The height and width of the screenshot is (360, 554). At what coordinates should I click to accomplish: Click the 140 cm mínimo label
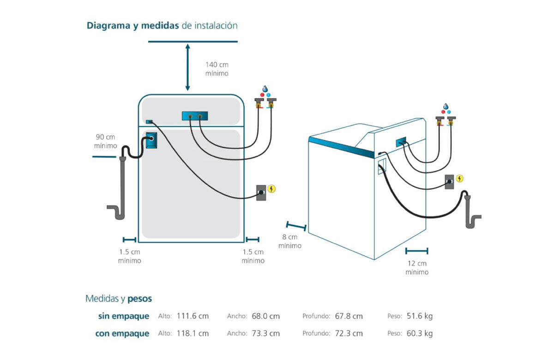[x=217, y=69]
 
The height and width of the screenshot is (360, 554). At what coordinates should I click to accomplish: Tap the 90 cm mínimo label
[x=105, y=141]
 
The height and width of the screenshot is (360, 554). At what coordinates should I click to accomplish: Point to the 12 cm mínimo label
[x=417, y=268]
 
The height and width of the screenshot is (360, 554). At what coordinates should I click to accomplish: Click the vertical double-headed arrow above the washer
[x=187, y=67]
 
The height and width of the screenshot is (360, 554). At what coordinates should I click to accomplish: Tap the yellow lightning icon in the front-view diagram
[x=271, y=189]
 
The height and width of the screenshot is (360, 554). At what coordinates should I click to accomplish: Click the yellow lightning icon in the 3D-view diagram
[x=459, y=179]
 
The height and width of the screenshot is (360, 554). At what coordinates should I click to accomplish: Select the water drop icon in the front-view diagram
[x=265, y=89]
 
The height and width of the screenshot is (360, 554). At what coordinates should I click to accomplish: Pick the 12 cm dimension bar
[x=416, y=251]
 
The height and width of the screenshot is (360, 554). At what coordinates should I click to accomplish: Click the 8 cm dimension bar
[x=296, y=226]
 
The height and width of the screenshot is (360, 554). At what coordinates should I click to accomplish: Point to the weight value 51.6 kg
[x=420, y=316]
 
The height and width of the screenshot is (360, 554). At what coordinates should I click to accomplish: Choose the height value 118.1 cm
[x=193, y=333]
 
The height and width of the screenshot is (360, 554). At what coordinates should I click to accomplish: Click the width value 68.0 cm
[x=265, y=316]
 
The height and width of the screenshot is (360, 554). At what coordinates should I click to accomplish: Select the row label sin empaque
[x=124, y=316]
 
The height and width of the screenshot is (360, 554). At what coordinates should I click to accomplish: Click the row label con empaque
[x=122, y=333]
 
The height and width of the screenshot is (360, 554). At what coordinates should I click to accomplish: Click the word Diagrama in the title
[x=109, y=25]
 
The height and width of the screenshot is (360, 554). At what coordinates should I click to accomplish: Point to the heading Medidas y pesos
[x=119, y=299]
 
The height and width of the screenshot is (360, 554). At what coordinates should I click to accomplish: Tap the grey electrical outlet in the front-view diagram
[x=261, y=192]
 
